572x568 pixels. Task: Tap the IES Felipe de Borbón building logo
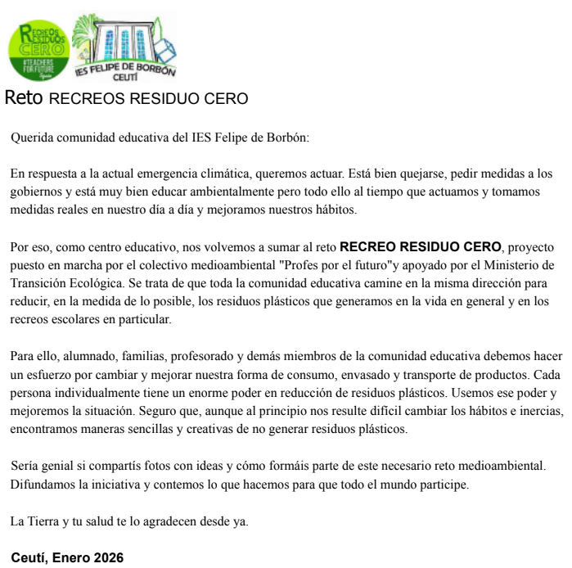tap(124, 47)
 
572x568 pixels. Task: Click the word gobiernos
tap(37, 192)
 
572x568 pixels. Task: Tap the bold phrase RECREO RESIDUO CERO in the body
tap(420, 246)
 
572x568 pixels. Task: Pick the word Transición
tap(39, 282)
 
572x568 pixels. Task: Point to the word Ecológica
tap(99, 282)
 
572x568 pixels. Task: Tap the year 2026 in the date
tap(108, 558)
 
